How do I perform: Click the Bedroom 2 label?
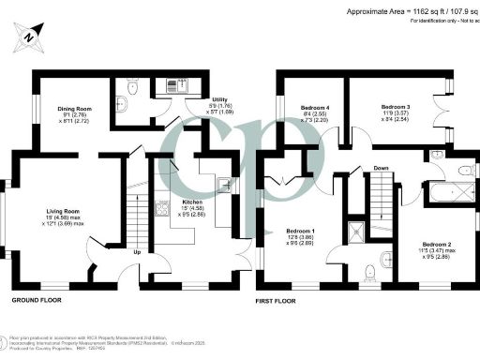point(436,243)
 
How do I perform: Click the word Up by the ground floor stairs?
point(139,251)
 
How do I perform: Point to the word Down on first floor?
point(381,169)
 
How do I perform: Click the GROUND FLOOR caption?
point(38,300)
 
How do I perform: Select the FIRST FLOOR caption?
point(276,301)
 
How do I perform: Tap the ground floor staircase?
point(135,211)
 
